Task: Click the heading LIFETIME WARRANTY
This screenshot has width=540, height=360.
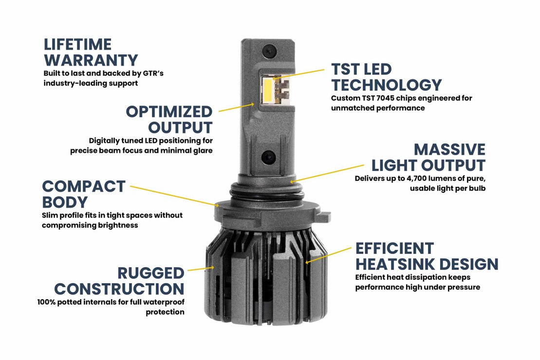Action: (x=91, y=52)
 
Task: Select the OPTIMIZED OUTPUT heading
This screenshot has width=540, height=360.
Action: (x=169, y=119)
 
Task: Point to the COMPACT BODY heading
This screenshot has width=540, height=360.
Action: (x=83, y=194)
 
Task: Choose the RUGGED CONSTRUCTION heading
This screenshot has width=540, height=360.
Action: (x=120, y=281)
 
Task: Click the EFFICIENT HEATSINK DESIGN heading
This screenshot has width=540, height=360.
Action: (x=426, y=256)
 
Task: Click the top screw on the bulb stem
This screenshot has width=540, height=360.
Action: (x=267, y=49)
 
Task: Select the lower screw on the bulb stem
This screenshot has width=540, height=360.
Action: (x=269, y=158)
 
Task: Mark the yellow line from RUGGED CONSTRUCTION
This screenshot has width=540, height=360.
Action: (x=200, y=268)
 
